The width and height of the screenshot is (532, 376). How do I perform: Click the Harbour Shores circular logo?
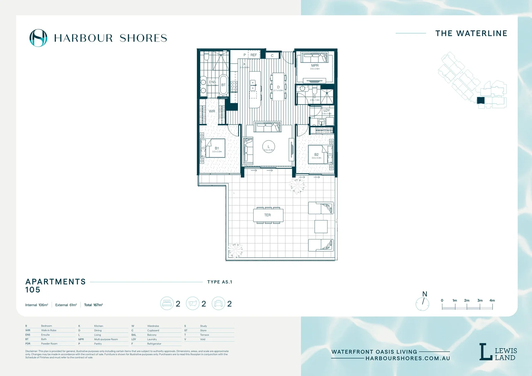click(x=38, y=38)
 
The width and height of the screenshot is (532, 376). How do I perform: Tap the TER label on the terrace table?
click(x=268, y=215)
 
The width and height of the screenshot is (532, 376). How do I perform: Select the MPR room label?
click(x=315, y=65)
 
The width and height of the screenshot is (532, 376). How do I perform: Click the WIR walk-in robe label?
click(x=212, y=111)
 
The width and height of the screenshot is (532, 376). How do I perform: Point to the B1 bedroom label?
click(x=217, y=148)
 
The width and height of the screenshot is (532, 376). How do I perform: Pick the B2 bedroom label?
click(x=316, y=155)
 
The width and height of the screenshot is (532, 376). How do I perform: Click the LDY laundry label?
click(x=326, y=110)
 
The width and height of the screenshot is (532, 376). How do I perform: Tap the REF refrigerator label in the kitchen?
click(x=254, y=55)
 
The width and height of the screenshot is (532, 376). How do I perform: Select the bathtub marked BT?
click(x=223, y=85)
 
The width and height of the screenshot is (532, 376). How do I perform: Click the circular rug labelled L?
click(x=268, y=148)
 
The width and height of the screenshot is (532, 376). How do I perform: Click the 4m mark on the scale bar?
click(x=492, y=300)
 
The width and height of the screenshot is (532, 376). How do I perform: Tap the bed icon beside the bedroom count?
click(x=167, y=304)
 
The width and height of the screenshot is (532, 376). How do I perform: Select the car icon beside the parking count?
click(x=218, y=304)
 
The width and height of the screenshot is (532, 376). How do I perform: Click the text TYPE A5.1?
click(x=219, y=282)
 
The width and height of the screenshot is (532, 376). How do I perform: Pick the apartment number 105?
click(x=33, y=290)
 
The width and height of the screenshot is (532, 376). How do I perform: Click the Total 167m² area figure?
click(x=93, y=305)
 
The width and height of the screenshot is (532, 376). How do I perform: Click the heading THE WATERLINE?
click(x=471, y=33)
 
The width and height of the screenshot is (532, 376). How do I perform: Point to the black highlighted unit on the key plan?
click(x=481, y=101)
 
